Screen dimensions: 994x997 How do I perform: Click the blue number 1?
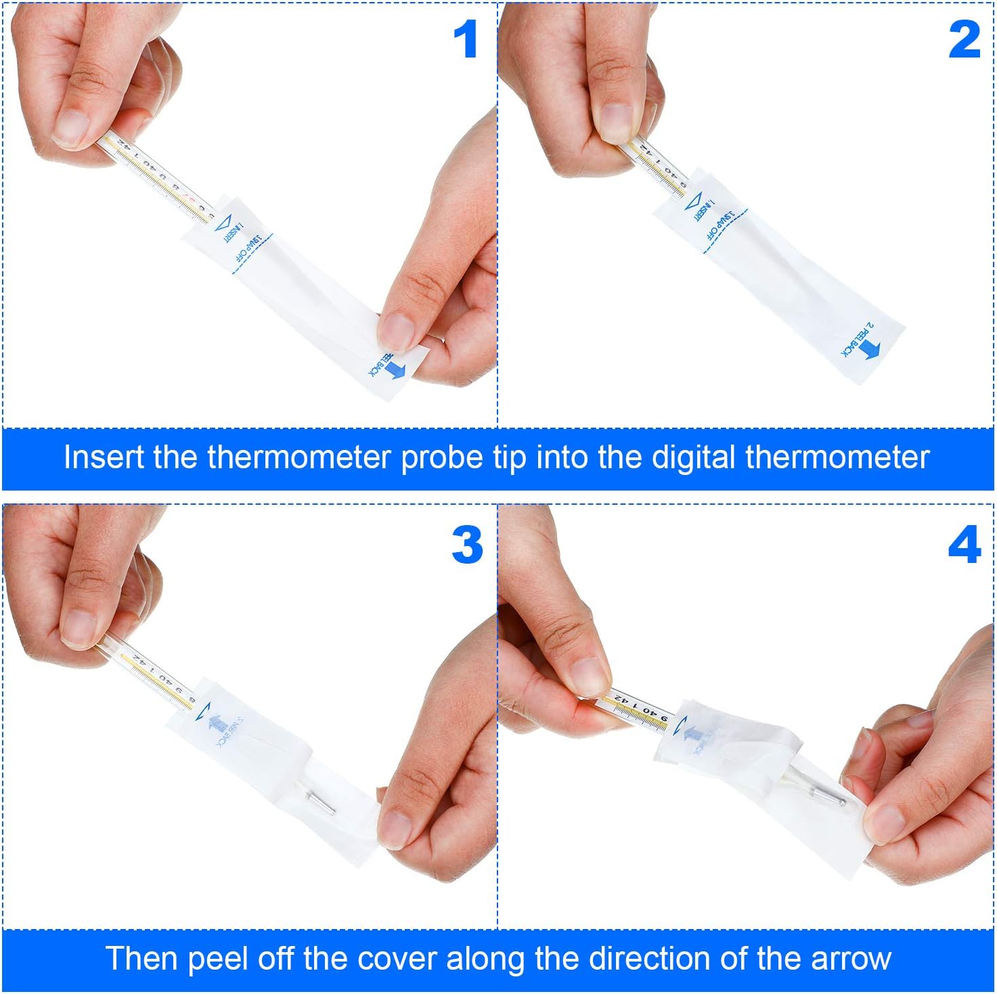coord(466,39)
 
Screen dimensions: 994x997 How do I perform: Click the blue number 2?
coord(964,39)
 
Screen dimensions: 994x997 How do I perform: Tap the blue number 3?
coord(467,545)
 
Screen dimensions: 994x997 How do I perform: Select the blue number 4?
coord(964,545)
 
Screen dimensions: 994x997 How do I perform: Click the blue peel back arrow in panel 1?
coord(395,369)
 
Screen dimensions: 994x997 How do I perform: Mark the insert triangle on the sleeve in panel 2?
coord(693,202)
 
